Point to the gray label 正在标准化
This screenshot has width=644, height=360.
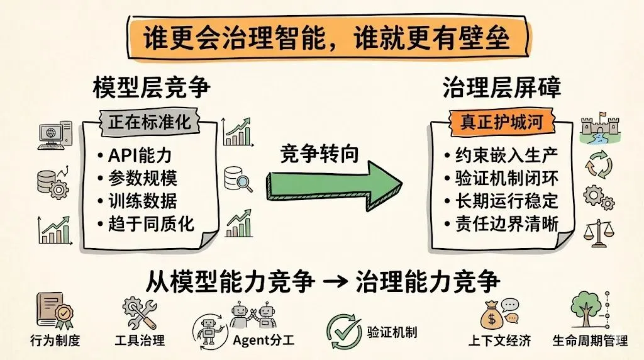(x=149, y=122)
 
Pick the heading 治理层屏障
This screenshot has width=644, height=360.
(x=501, y=88)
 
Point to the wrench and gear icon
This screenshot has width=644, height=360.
(x=140, y=311)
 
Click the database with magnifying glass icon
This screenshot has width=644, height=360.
(x=240, y=178)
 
